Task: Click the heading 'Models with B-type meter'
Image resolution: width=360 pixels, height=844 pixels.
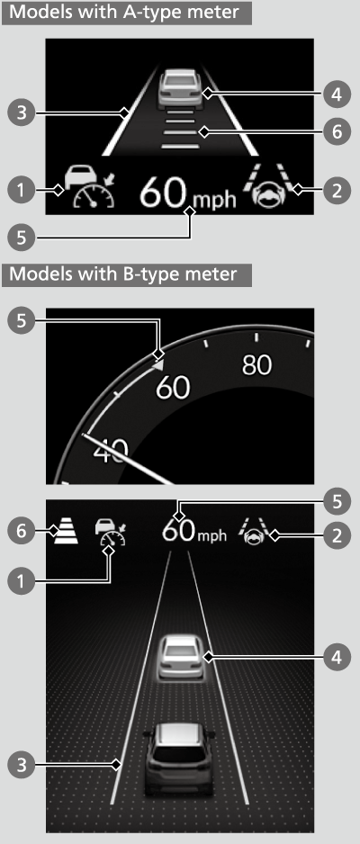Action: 123,274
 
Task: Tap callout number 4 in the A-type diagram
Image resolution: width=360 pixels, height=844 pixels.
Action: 337,94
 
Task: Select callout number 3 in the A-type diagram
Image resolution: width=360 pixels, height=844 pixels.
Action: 21,113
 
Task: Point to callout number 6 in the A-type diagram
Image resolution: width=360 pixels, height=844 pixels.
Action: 337,131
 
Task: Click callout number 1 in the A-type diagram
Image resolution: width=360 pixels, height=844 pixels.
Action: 21,190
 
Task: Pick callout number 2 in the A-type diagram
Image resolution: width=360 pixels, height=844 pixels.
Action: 337,190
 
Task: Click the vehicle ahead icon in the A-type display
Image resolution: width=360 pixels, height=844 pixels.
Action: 180,89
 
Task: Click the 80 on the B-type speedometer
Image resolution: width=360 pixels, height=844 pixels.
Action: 256,365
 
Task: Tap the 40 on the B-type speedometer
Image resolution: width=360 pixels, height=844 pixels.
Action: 112,451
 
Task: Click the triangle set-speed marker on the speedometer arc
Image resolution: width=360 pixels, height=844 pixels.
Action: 157,365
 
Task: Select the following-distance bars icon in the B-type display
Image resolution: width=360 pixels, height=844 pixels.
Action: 67,532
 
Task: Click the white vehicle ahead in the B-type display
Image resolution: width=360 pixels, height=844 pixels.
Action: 179,657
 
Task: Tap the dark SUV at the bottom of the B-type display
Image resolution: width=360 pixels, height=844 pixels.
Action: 179,758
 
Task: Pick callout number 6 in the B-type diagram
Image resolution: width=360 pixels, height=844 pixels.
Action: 21,532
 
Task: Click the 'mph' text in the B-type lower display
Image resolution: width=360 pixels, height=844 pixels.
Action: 211,536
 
